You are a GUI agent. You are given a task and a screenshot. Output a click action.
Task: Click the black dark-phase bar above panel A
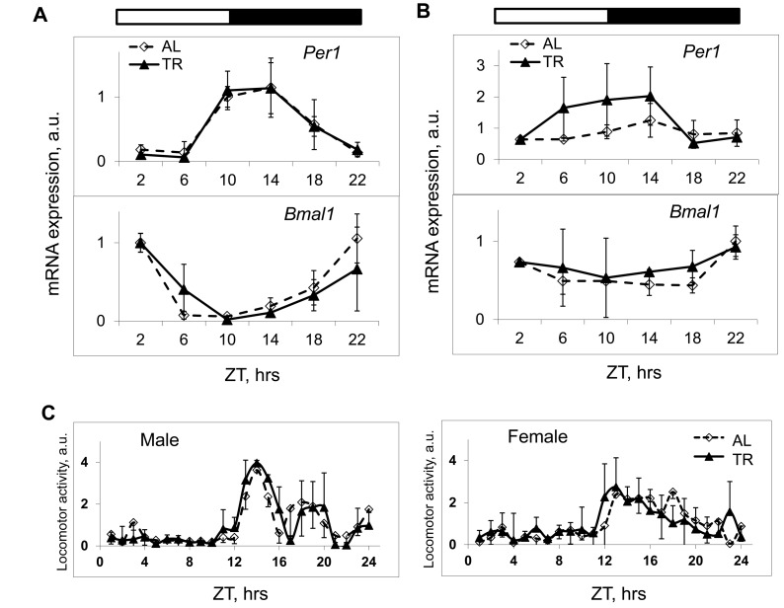[295, 17]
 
